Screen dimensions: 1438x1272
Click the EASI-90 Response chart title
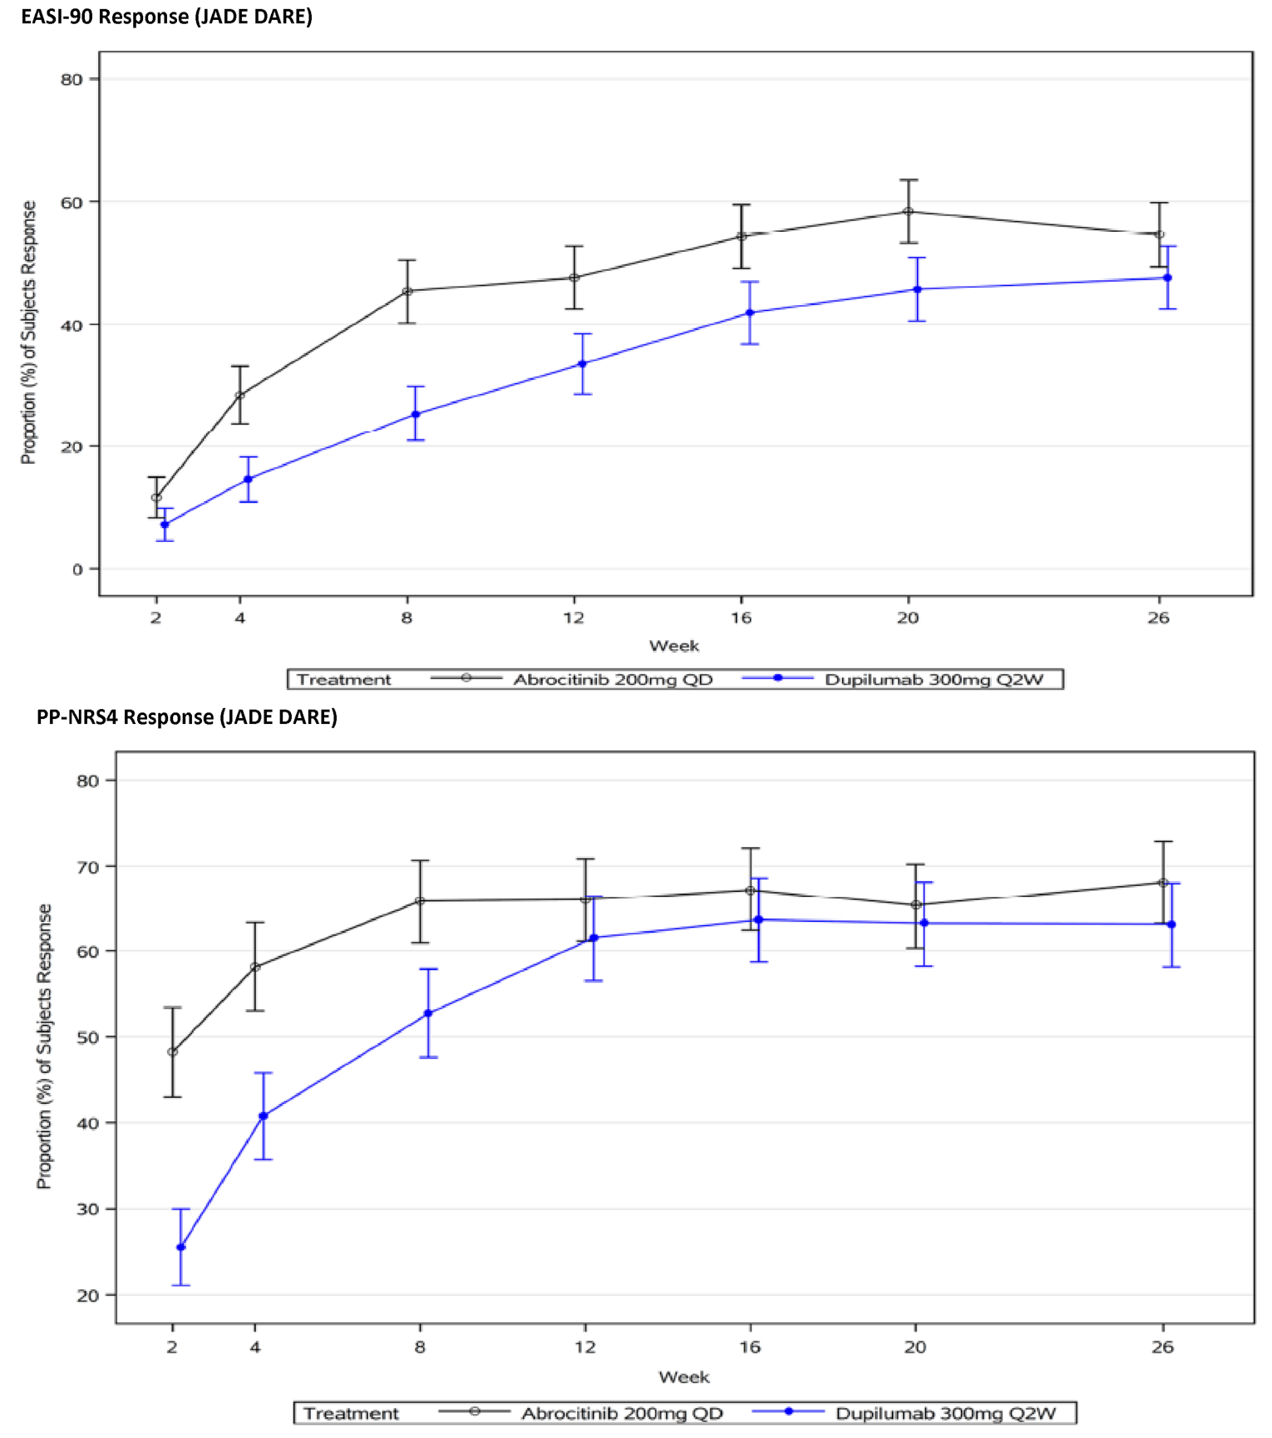[x=166, y=17]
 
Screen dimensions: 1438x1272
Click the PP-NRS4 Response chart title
[x=187, y=717]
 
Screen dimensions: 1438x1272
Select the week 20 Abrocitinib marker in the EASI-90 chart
[x=908, y=212]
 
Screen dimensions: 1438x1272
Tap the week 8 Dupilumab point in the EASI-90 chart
[x=416, y=414]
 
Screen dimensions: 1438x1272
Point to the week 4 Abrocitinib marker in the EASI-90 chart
[x=240, y=396]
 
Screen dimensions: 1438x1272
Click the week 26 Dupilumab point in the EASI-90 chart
[x=1167, y=278]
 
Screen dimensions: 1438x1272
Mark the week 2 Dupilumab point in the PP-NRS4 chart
[x=181, y=1247]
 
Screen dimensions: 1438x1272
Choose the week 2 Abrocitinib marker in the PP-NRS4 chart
[x=172, y=1051]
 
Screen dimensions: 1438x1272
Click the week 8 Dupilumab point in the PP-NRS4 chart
[x=428, y=1013]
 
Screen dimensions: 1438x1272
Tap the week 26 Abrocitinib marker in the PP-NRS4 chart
[x=1163, y=883]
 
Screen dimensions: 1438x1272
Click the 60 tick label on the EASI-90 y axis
[x=71, y=202]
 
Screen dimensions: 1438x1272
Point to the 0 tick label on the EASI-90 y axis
[x=77, y=569]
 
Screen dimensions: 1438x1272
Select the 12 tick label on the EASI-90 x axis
[x=574, y=618]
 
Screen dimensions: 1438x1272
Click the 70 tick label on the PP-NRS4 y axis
[x=88, y=866]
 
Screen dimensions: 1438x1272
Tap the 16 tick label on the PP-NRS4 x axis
[x=750, y=1347]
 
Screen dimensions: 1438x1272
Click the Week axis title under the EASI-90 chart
[x=673, y=646]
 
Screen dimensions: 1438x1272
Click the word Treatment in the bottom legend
[x=351, y=1413]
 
